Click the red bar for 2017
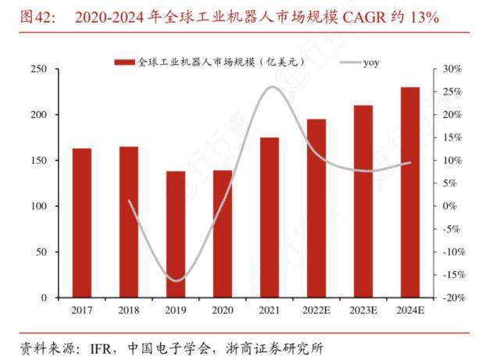82,223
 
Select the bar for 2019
176,234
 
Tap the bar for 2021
270,218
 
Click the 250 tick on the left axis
38,70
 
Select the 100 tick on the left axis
38,206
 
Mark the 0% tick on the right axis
452,206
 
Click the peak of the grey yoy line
271,87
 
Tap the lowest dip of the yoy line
177,280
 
